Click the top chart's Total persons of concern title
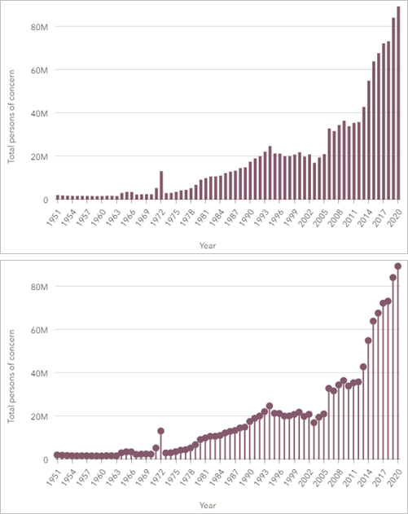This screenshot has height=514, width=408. [x=12, y=112]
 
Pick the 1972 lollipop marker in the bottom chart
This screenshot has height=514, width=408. [x=161, y=431]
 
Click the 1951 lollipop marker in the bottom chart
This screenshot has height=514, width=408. [x=58, y=455]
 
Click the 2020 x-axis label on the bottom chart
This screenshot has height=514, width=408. [x=396, y=475]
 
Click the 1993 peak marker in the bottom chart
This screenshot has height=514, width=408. [x=270, y=406]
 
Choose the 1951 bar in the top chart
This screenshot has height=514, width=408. [x=58, y=197]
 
